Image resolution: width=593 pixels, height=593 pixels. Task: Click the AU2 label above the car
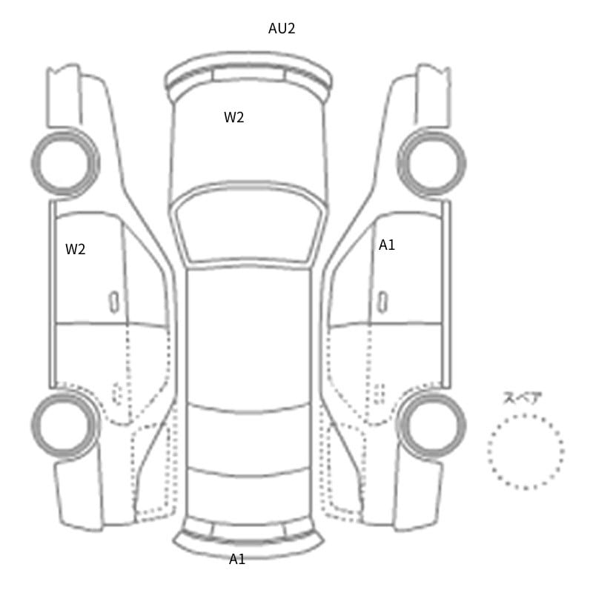pos(282,28)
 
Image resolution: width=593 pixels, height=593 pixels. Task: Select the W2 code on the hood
pos(233,118)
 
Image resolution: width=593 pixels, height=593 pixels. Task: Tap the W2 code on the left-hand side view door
pos(76,249)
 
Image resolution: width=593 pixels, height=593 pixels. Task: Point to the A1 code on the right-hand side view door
pos(387,245)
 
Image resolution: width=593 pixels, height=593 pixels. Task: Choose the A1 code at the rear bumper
pos(237,559)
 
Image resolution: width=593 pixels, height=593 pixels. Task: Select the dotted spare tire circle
pos(526,415)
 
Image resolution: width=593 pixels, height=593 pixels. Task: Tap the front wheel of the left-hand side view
pos(65,133)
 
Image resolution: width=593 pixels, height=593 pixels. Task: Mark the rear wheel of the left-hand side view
pos(64,394)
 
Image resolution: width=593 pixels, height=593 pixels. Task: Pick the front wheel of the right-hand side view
pos(432,133)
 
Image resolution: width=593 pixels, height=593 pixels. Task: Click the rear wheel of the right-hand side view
pos(431,394)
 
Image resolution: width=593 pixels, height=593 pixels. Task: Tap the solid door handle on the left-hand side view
pos(114,302)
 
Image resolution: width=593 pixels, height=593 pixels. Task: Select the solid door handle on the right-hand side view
pos(382,302)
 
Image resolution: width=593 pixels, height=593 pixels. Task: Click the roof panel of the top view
pos(249,337)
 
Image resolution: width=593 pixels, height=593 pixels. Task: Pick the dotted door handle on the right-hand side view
pos(380,394)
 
